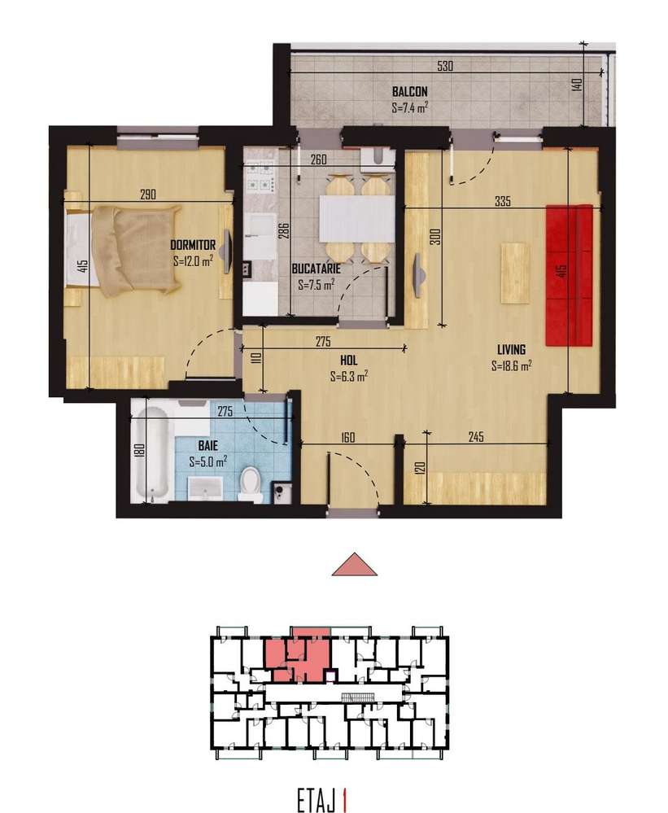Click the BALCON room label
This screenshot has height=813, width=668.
[409, 91]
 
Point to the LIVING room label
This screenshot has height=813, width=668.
[512, 350]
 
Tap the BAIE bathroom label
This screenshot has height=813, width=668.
[207, 445]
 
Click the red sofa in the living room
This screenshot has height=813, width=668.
[569, 274]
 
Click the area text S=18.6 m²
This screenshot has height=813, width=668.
[512, 367]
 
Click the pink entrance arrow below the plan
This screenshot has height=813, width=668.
[355, 564]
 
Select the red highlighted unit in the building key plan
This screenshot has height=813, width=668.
[299, 657]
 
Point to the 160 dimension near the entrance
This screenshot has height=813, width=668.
[348, 437]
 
